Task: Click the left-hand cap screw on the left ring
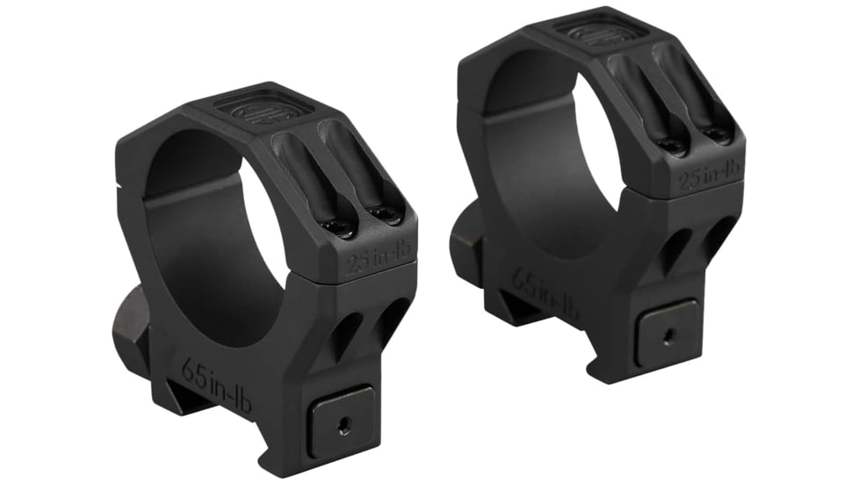[x=339, y=226]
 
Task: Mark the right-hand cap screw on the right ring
[x=718, y=134]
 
